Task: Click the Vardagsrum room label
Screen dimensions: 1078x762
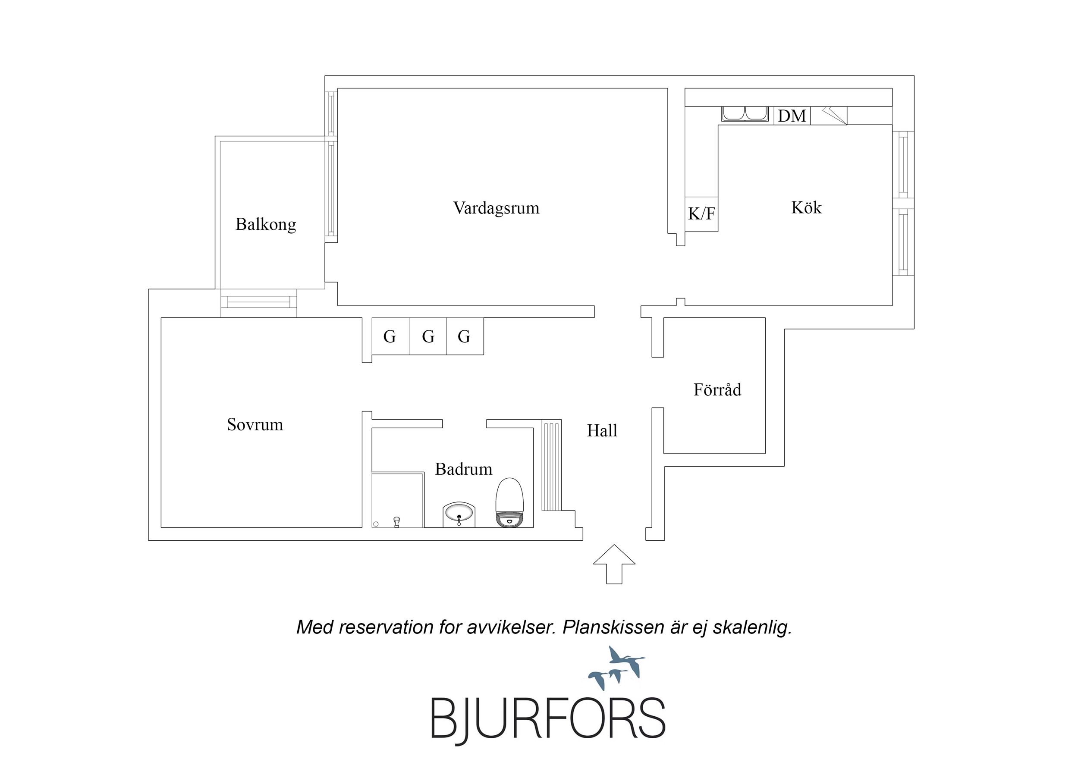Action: coord(496,208)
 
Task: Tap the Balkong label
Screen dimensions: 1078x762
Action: coord(266,224)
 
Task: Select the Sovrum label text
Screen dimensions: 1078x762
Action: coord(255,425)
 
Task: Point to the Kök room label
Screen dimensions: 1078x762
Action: coord(806,207)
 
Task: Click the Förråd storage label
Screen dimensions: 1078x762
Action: coord(717,390)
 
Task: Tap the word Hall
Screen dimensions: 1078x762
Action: coord(602,430)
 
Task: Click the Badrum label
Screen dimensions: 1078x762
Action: coord(463,469)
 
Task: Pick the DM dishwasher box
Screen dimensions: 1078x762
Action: coord(792,116)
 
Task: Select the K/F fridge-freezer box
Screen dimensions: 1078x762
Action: coord(701,214)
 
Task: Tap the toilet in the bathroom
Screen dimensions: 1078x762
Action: coord(509,502)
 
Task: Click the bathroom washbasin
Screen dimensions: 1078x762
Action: coord(459,515)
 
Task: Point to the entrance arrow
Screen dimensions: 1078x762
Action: coord(614,564)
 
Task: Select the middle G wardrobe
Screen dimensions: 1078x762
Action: coord(428,336)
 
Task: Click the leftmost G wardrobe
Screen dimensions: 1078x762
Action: coord(390,336)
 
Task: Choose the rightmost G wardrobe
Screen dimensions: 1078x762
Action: coord(465,336)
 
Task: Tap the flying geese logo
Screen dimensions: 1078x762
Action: coord(617,668)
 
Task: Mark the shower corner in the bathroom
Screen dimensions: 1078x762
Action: coord(398,500)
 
